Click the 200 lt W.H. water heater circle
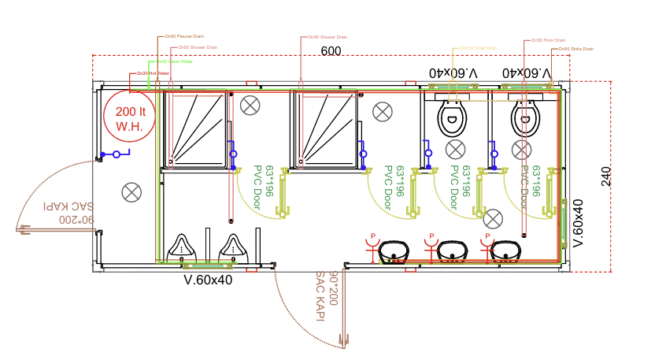tap(129, 119)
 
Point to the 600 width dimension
tap(331, 51)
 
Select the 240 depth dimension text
tap(605, 176)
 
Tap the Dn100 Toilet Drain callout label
tap(479, 48)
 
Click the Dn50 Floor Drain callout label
tap(549, 40)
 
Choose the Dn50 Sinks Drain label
tap(575, 49)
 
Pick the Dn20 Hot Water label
tap(153, 73)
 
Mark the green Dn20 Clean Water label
tap(174, 61)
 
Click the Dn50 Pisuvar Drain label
tap(184, 36)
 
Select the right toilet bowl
tap(525, 120)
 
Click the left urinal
tap(183, 246)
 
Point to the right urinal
tap(234, 246)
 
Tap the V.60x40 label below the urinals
tap(208, 279)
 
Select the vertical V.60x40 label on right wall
tap(577, 223)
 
